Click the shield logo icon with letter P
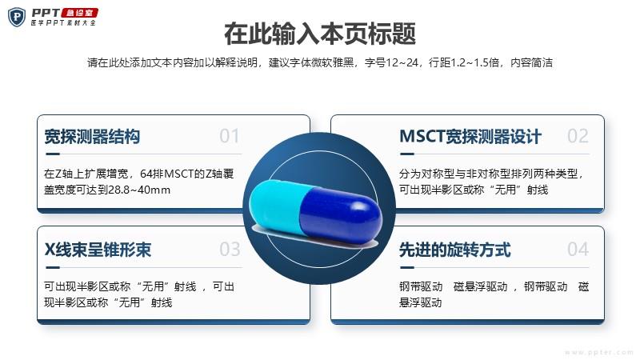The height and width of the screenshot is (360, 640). (17, 17)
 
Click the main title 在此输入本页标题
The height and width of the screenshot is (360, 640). (320, 34)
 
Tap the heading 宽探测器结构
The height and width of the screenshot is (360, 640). (92, 136)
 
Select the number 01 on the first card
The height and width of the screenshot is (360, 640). (229, 136)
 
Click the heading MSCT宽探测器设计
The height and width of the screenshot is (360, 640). (470, 136)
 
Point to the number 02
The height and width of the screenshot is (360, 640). (578, 136)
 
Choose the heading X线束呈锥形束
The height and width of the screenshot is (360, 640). (98, 250)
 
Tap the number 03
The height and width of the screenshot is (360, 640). (230, 249)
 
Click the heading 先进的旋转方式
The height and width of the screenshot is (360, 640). (455, 250)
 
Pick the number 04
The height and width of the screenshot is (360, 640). (578, 249)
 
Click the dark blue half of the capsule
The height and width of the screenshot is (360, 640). (341, 215)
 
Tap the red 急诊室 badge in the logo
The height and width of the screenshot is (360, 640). (79, 13)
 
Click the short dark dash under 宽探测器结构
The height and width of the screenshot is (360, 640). (53, 154)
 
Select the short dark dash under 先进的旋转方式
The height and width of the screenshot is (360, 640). (407, 267)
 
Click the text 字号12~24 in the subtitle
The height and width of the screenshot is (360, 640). (392, 62)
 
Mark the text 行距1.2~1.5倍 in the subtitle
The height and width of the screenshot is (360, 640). (464, 62)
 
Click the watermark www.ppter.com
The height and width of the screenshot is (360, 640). (599, 352)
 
